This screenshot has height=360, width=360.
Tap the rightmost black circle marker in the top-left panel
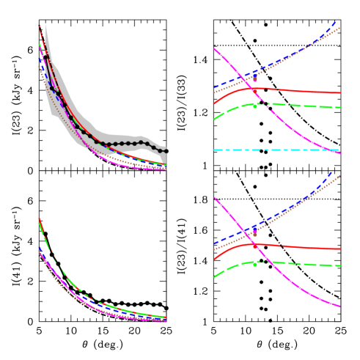pos(164,148)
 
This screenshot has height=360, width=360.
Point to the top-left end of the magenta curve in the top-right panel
pos(214,49)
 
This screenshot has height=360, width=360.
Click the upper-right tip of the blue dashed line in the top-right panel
pos(335,22)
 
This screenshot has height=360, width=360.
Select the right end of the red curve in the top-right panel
pos(340,93)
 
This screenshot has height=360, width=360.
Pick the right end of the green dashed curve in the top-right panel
pos(340,108)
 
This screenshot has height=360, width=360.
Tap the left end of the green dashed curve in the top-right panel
pos(214,120)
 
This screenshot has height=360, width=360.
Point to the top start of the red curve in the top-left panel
pos(39,26)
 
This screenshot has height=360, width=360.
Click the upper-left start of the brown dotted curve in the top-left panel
pos(39,66)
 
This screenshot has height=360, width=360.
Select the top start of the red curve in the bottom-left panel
pos(39,218)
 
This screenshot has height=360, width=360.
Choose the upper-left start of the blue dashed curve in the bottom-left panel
pos(39,248)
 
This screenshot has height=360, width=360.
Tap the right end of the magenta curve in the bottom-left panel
pos(166,320)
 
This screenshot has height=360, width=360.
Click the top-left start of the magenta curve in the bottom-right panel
pos(214,197)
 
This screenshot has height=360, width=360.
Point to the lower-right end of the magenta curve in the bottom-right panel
pos(340,306)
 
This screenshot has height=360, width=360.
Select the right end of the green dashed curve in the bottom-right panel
pos(340,266)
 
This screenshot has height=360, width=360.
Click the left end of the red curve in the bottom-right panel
pos(214,259)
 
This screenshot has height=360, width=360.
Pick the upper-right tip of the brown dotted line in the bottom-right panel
pos(340,175)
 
